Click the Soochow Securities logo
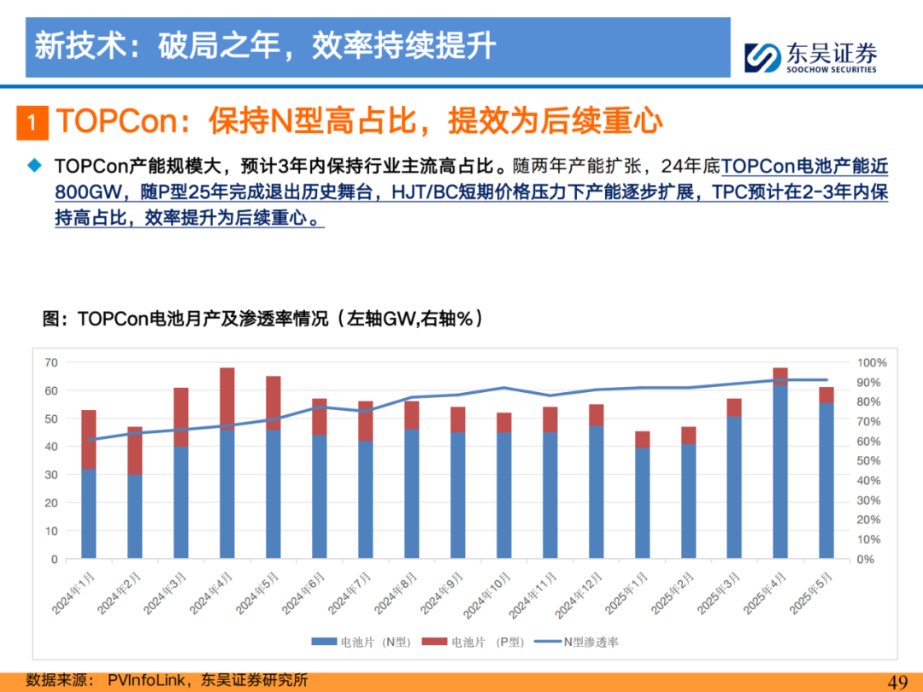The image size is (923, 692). click(x=810, y=58)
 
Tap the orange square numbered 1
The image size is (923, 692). click(x=32, y=122)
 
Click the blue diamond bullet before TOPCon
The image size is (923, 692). click(x=35, y=166)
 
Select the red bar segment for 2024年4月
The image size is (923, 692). click(x=227, y=399)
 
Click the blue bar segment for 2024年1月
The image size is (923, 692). click(x=88, y=513)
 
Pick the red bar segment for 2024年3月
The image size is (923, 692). click(x=180, y=417)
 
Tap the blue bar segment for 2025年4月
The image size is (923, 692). click(x=780, y=472)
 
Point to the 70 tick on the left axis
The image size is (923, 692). click(x=51, y=362)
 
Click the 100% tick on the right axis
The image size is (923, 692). click(x=871, y=362)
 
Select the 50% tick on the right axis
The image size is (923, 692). click(x=868, y=460)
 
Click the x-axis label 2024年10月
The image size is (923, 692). click(x=487, y=595)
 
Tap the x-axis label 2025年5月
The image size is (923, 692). click(x=811, y=593)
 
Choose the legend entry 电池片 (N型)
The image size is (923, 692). click(x=361, y=642)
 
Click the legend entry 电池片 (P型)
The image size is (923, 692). click(x=473, y=642)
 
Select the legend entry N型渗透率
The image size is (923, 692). click(x=576, y=642)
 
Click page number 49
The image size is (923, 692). click(x=897, y=682)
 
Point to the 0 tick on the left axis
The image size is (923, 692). click(x=55, y=559)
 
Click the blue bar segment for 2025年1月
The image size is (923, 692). click(x=642, y=503)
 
